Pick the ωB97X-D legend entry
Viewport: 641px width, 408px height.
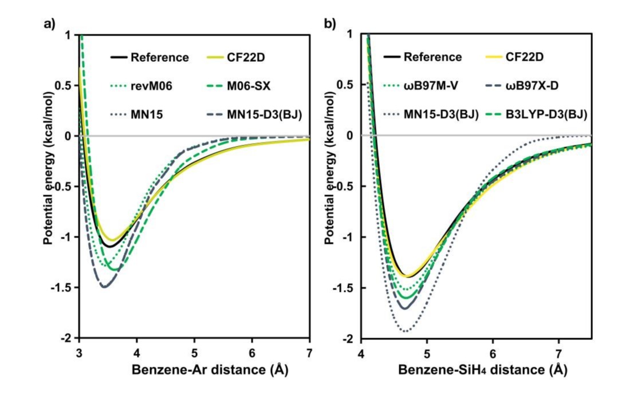pyautogui.click(x=532, y=86)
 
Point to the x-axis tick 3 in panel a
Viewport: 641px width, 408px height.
pyautogui.click(x=79, y=350)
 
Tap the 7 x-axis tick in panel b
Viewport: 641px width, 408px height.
pyautogui.click(x=559, y=350)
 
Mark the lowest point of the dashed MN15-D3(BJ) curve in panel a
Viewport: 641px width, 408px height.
pyautogui.click(x=105, y=286)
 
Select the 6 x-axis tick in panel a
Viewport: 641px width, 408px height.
pyautogui.click(x=252, y=350)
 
